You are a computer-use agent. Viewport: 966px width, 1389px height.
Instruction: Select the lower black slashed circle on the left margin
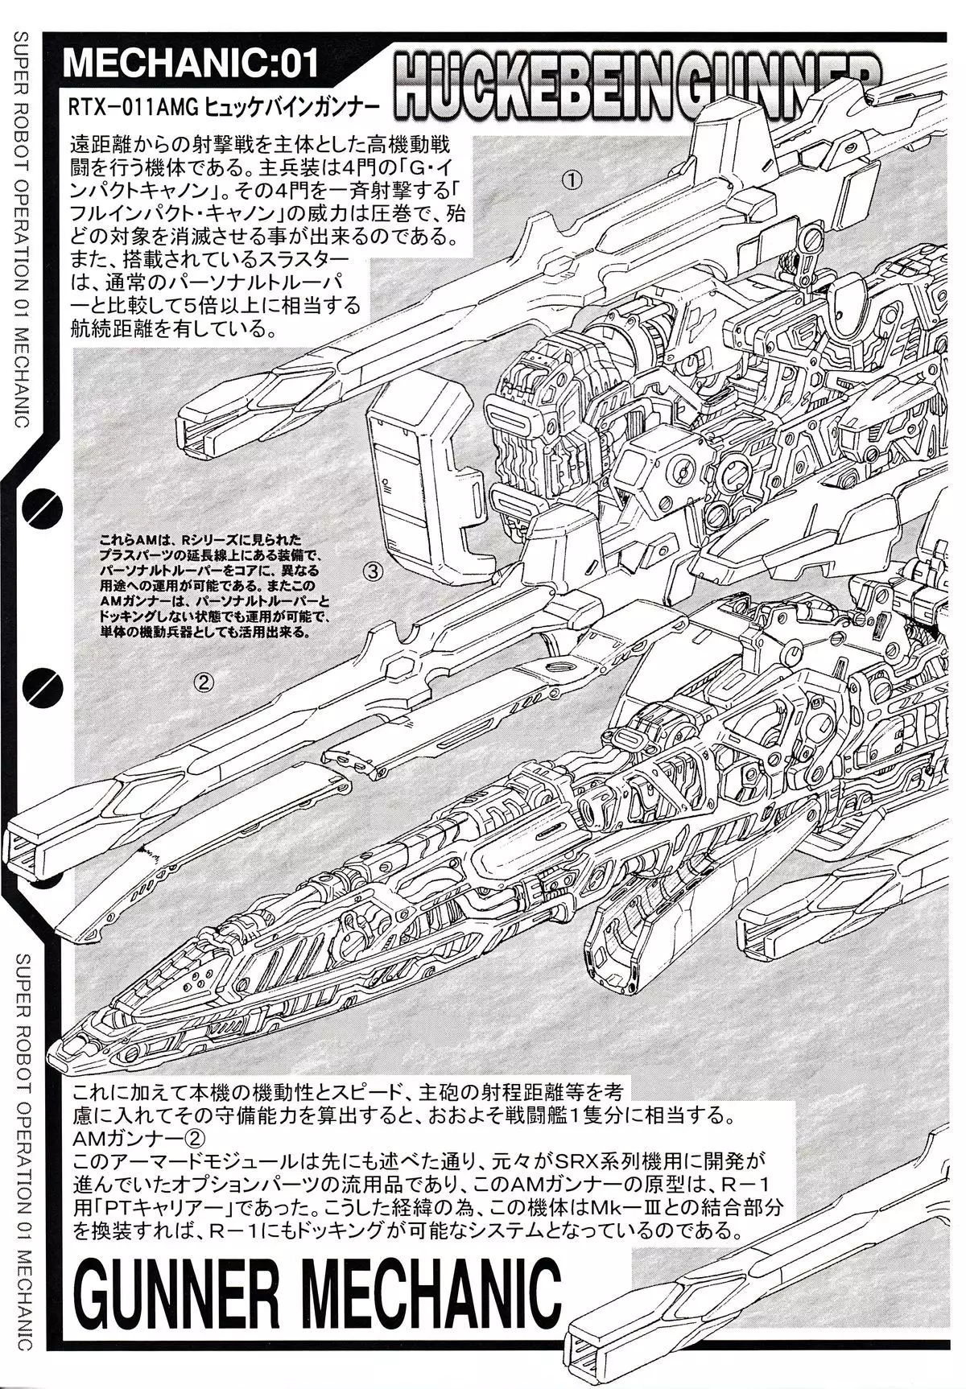38,685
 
